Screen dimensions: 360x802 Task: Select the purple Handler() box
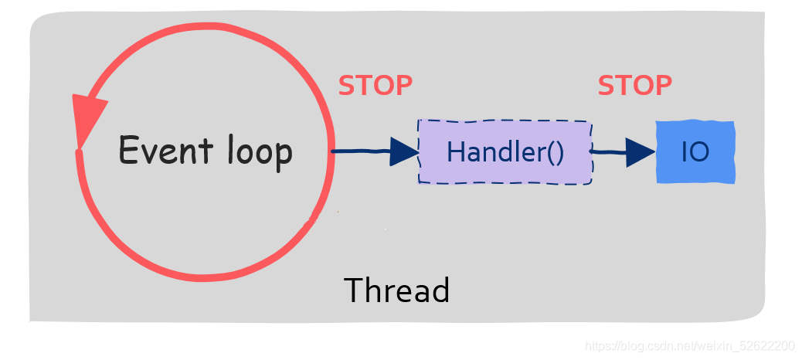[x=505, y=151]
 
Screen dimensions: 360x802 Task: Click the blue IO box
[x=695, y=151]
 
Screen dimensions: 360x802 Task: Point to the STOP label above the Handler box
[x=376, y=85]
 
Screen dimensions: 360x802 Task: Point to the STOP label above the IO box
[x=635, y=85]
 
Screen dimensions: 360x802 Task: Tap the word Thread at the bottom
[x=396, y=290]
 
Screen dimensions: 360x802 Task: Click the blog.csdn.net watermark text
[x=690, y=345]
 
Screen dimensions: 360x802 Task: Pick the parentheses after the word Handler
[x=556, y=151]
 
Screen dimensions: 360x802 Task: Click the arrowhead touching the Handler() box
[x=404, y=151]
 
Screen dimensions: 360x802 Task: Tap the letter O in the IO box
[x=699, y=151]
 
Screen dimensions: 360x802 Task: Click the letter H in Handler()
[x=455, y=151]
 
